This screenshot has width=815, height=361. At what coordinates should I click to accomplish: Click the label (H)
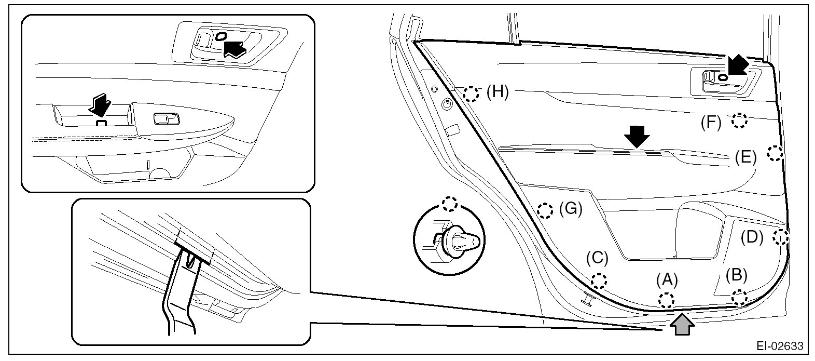point(498,92)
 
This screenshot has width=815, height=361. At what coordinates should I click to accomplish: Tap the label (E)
point(746,157)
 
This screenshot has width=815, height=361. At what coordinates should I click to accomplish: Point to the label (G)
point(571,209)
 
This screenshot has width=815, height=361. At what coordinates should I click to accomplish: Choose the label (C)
point(597,258)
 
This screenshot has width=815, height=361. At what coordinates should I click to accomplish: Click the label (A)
point(667,280)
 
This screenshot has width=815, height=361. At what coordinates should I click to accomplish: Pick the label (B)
point(736,274)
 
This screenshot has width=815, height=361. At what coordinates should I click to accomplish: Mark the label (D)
point(752,237)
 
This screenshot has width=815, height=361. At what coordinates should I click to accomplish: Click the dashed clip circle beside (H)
point(471,94)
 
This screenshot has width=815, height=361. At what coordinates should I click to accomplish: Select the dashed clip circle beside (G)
point(544,210)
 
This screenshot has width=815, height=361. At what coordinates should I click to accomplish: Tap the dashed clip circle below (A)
point(666,300)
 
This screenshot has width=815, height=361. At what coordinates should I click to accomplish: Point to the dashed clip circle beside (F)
point(739,121)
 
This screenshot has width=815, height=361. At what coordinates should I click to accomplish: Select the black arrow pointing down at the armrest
point(637,137)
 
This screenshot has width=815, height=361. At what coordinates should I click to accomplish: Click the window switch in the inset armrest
point(166,119)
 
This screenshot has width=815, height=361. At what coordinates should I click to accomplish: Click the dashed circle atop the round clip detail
point(449,203)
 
